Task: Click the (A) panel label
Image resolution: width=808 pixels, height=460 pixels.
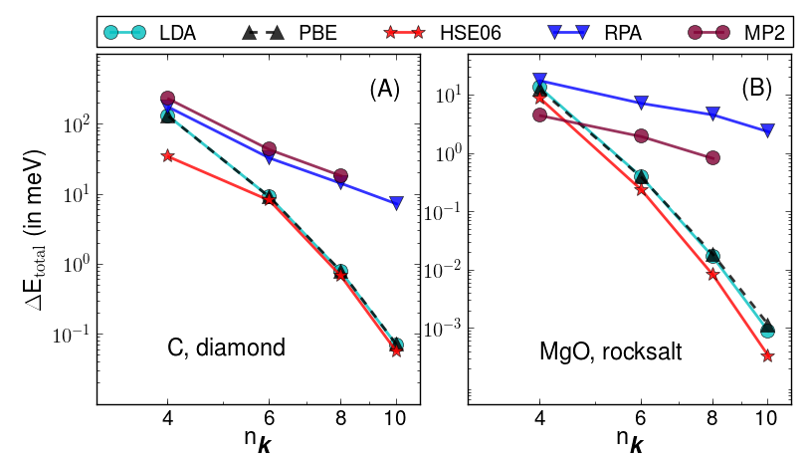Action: click(x=384, y=89)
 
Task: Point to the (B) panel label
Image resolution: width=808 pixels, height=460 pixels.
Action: click(x=756, y=89)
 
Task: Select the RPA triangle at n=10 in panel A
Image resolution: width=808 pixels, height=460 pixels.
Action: click(x=396, y=203)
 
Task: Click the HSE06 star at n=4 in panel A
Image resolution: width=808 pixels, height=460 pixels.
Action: click(x=167, y=155)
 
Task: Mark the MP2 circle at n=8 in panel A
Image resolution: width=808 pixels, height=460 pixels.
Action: click(x=340, y=175)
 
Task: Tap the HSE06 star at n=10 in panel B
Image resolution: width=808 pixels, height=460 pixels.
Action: click(x=767, y=355)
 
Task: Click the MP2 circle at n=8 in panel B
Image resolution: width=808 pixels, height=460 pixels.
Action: click(x=712, y=157)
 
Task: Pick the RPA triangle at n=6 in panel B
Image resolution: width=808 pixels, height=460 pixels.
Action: click(x=641, y=103)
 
